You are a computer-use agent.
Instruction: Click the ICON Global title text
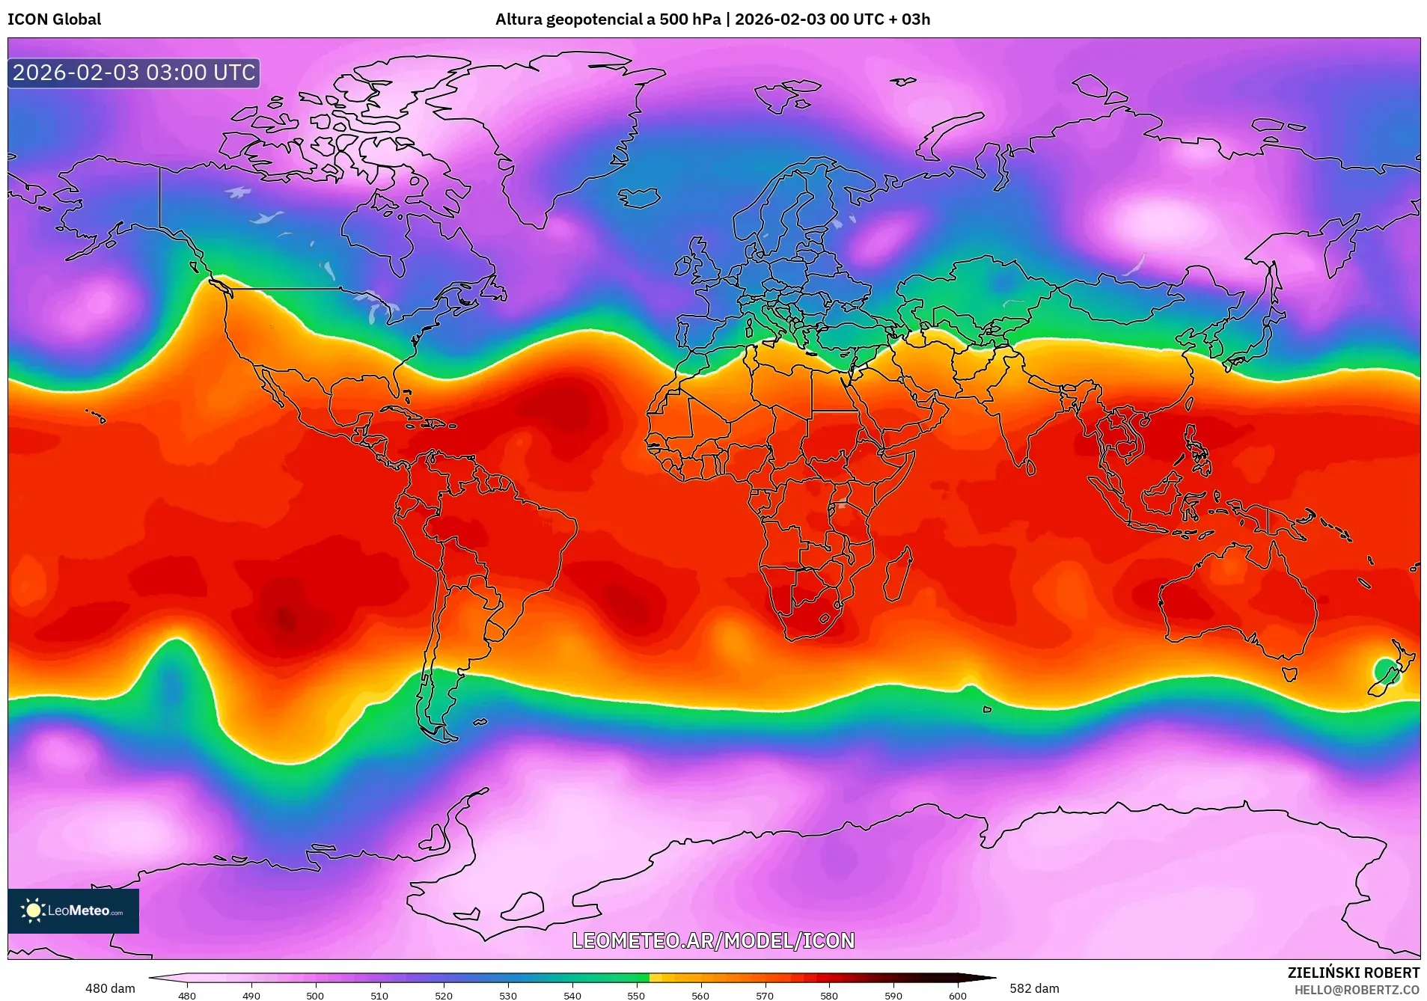(54, 19)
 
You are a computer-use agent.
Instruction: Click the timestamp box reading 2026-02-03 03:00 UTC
(134, 73)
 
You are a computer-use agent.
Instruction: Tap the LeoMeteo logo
(73, 910)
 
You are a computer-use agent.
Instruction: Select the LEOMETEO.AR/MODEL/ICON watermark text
(712, 940)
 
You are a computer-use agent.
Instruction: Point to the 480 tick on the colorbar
(187, 995)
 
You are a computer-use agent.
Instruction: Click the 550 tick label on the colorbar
(636, 995)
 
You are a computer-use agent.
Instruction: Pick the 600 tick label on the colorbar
(957, 995)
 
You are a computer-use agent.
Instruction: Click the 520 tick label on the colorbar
(444, 995)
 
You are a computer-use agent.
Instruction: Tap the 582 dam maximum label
(1034, 988)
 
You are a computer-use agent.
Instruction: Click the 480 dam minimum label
(110, 988)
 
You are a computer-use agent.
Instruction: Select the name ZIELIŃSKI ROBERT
(1353, 973)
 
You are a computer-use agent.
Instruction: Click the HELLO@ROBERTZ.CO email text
(1356, 990)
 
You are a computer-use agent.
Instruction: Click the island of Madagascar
(898, 575)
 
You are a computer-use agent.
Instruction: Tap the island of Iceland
(639, 198)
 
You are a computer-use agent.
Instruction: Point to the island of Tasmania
(1289, 673)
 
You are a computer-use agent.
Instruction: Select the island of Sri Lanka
(1030, 468)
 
